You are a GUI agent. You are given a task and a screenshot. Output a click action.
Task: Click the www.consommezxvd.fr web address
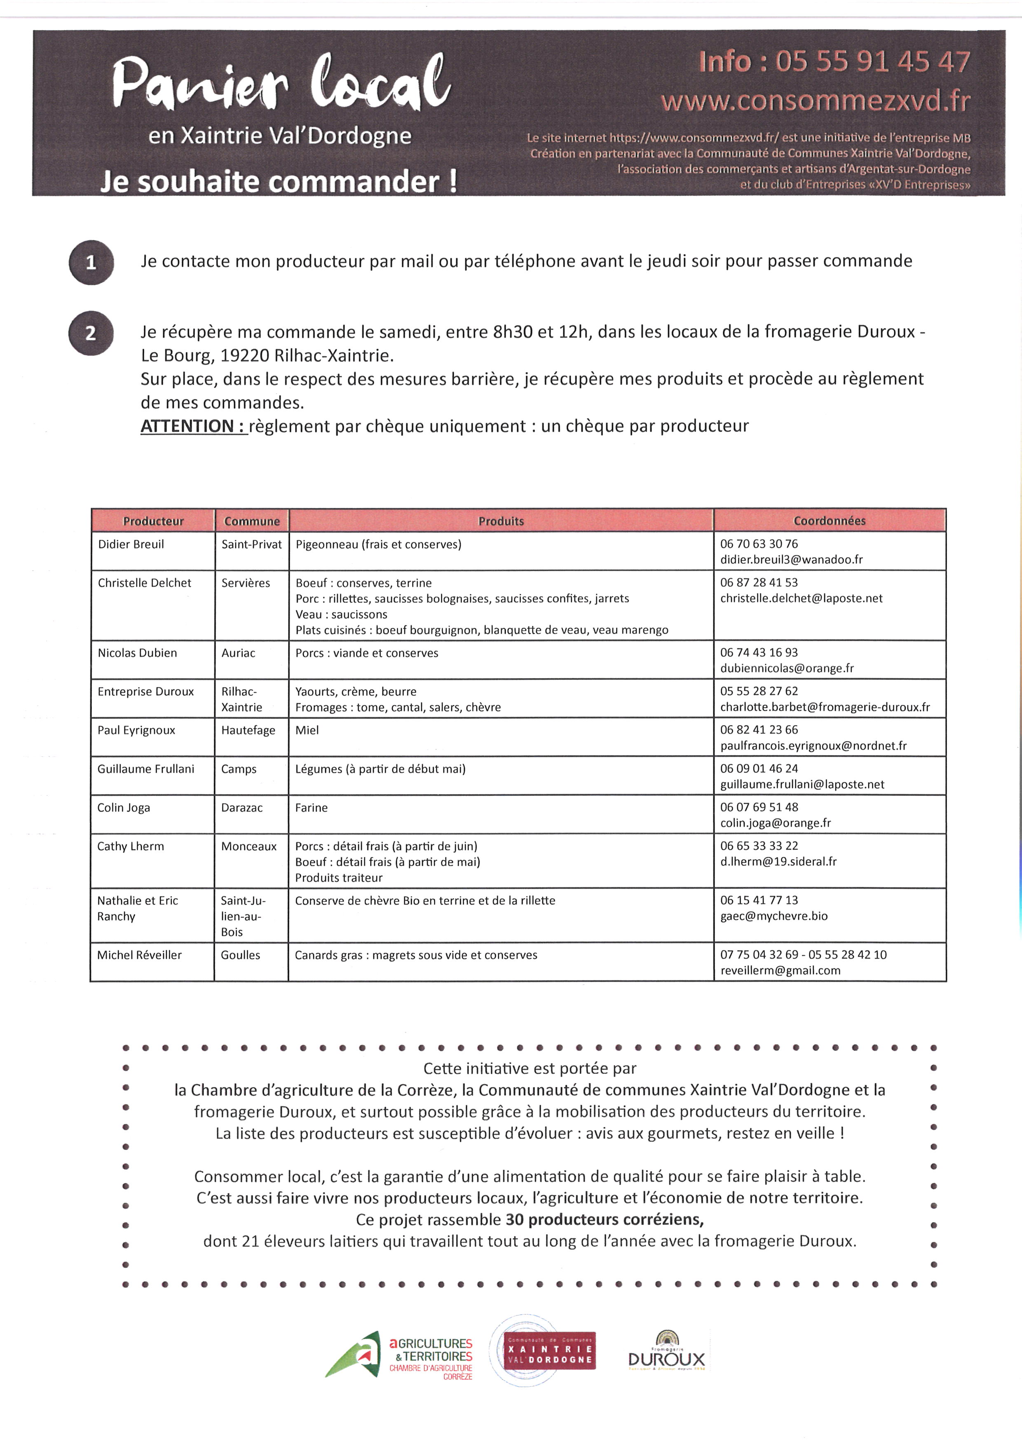pos(815,100)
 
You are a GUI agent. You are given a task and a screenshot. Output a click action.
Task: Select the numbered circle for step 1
pos(91,262)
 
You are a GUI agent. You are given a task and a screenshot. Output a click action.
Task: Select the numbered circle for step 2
pos(91,334)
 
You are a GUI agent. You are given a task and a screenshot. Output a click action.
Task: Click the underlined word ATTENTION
pos(192,427)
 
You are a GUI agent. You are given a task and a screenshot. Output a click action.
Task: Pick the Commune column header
pos(252,521)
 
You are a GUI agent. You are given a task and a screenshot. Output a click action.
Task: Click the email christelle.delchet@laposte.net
pos(801,598)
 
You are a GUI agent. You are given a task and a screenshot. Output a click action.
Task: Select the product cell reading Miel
pos(307,730)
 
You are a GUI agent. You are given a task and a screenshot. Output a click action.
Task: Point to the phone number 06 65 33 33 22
pos(759,846)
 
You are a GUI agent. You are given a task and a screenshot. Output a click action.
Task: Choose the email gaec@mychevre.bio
pos(774,916)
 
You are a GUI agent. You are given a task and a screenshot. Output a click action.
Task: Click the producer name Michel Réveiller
pos(139,955)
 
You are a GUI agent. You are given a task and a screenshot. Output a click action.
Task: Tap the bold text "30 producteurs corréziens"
pos(604,1220)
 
